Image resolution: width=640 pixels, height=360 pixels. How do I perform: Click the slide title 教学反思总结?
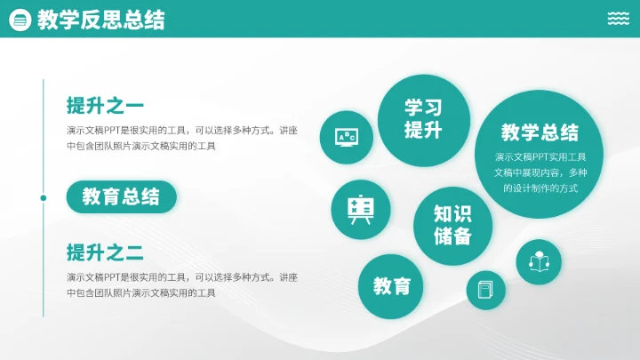(x=100, y=20)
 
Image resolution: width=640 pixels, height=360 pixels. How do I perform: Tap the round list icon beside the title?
(x=18, y=20)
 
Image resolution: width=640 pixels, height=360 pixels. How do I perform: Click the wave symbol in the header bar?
(x=619, y=20)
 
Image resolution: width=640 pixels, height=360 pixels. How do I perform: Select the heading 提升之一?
(x=105, y=106)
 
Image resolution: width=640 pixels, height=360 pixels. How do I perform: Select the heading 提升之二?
(x=105, y=252)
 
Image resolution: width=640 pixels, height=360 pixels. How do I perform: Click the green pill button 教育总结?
(x=121, y=196)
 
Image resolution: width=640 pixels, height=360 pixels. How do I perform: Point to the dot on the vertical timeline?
(x=44, y=197)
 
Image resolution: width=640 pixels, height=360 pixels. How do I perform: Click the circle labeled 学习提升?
(x=423, y=119)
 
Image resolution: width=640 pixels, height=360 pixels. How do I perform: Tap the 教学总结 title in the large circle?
(x=540, y=133)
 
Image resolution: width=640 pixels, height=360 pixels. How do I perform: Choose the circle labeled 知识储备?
(x=453, y=226)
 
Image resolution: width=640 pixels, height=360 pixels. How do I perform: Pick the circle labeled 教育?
(x=391, y=286)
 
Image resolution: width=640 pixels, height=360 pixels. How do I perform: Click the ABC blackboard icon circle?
(x=346, y=137)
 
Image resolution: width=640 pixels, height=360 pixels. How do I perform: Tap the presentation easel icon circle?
(x=359, y=208)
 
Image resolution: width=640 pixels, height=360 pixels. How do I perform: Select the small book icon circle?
(x=485, y=290)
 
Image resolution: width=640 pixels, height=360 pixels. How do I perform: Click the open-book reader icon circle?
(x=539, y=262)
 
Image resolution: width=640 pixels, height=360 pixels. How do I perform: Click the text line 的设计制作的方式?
(x=540, y=188)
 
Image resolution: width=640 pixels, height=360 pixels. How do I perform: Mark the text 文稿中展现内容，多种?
(x=540, y=172)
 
